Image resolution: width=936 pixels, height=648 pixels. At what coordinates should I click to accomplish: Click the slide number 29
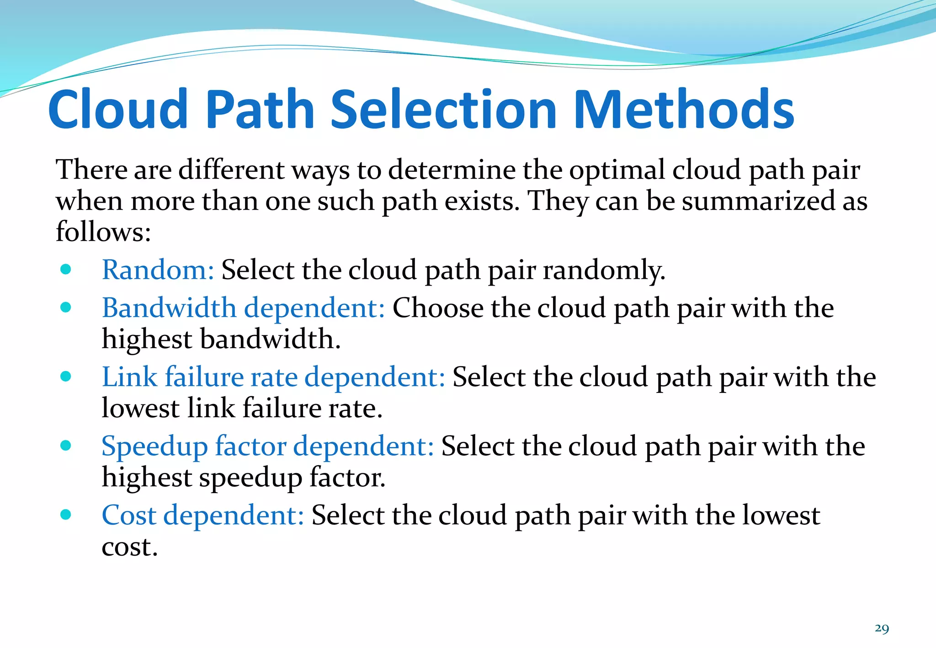click(882, 628)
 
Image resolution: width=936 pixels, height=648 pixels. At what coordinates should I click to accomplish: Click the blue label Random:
click(158, 270)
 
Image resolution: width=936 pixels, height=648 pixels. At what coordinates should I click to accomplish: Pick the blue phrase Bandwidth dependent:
click(243, 308)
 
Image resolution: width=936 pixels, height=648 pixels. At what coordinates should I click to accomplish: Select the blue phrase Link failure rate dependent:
click(273, 377)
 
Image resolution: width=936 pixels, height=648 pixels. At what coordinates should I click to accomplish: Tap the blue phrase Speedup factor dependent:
click(267, 446)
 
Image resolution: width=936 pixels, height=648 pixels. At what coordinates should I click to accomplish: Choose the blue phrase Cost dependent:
click(202, 515)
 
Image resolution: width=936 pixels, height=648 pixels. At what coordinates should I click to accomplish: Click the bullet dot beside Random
click(66, 269)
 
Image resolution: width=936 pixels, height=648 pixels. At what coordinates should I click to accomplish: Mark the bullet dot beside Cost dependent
click(66, 515)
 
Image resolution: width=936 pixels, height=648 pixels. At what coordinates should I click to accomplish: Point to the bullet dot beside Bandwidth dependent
click(66, 307)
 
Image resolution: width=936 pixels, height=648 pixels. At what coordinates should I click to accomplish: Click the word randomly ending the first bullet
click(603, 271)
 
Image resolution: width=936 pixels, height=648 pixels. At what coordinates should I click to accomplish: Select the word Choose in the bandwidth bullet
click(437, 308)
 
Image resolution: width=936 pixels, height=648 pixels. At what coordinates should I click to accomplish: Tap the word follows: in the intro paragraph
click(103, 231)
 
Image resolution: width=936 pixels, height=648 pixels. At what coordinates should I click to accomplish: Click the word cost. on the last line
click(129, 547)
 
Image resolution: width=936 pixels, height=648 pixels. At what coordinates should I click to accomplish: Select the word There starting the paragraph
click(91, 170)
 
